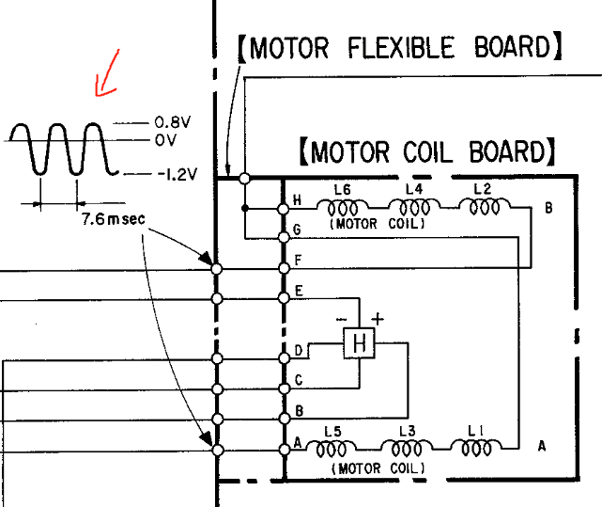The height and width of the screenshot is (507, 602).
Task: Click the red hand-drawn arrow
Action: coord(106,72)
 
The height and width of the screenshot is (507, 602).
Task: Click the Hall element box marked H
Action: coord(359,344)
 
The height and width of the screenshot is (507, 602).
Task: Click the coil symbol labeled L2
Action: coord(483,207)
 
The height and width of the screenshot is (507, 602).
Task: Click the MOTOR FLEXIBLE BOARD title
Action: coord(399,47)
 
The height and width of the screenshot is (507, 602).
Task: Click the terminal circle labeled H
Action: coord(284,207)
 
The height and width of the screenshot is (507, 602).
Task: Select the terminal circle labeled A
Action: coord(284,450)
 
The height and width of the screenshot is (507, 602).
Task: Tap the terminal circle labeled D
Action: coord(284,358)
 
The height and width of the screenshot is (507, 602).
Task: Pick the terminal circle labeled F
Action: coord(284,269)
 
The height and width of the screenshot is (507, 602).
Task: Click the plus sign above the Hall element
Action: coord(378,318)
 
